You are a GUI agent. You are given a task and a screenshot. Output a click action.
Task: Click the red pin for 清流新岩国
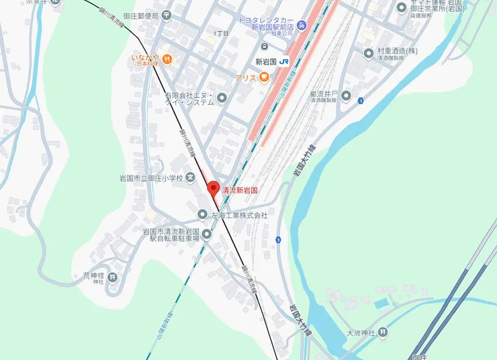coord(213,189)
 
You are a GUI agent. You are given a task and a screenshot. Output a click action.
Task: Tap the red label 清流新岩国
coord(240,191)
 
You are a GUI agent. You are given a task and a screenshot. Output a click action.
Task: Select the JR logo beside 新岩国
coord(285,62)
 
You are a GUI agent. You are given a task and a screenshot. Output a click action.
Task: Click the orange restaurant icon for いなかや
coord(167,60)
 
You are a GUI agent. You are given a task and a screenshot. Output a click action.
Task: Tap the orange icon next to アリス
coord(264,78)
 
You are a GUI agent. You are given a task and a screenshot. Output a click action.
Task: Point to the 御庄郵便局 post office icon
coord(166,15)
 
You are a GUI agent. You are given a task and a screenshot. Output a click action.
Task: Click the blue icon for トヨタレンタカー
coord(302,26)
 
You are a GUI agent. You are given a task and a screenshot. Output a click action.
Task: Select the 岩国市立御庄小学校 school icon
coord(191,178)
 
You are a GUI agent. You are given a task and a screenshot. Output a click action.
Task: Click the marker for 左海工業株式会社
coord(202,215)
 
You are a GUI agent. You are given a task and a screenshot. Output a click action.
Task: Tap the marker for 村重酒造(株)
coord(368,52)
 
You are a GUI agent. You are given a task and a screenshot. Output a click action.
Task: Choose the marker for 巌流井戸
coord(346,95)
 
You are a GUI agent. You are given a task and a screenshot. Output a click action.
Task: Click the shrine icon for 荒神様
coord(112,276)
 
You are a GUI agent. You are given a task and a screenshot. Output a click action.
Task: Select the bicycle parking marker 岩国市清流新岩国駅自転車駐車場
coord(207,234)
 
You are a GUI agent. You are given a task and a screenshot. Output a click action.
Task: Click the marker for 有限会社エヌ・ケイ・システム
coord(222,99)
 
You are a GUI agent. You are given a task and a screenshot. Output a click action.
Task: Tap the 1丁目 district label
coord(221,33)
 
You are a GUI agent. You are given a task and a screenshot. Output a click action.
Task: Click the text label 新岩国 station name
coord(267,62)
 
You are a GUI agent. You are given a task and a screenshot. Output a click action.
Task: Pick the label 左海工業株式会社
coord(240,216)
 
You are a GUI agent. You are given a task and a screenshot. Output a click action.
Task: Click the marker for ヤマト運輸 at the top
coord(402,7)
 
